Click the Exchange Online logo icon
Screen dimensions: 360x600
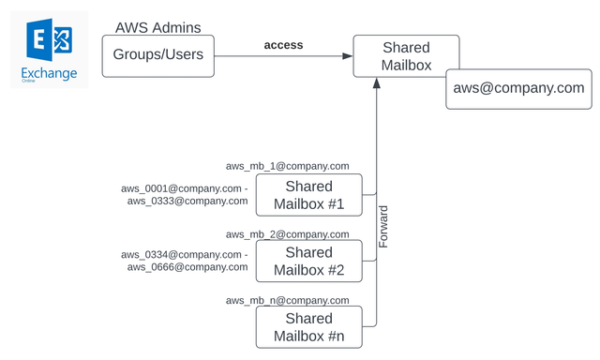pos(50,41)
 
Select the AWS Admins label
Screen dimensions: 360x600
pos(157,28)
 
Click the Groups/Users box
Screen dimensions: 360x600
pos(157,55)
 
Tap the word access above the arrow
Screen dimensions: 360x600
pos(283,44)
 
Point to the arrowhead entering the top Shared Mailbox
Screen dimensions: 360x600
pos(347,56)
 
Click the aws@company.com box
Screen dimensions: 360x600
pos(518,88)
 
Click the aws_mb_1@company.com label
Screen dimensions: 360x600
pos(287,166)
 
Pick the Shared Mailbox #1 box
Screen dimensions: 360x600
pos(308,195)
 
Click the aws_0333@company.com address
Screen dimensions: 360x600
pos(187,201)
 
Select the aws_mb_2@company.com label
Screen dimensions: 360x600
pos(287,233)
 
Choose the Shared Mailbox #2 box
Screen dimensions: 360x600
pos(308,262)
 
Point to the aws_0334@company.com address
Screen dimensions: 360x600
pos(182,255)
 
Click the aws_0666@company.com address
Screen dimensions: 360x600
pos(187,267)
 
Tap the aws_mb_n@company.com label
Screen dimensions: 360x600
pos(287,300)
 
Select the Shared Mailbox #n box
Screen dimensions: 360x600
pos(308,328)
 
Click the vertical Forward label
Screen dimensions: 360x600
pos(382,227)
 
